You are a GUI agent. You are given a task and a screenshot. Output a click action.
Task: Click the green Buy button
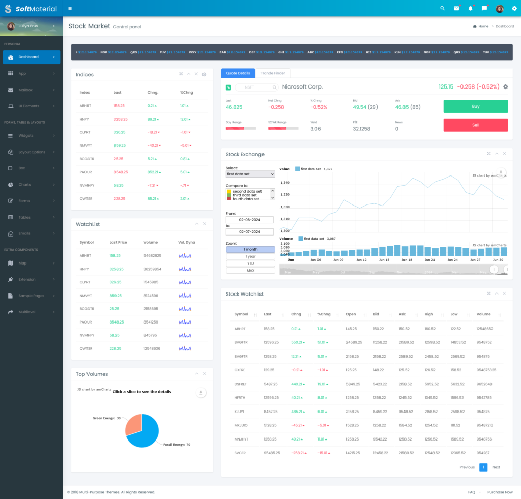tap(475, 106)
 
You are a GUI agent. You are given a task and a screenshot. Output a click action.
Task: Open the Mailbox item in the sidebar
tap(25, 90)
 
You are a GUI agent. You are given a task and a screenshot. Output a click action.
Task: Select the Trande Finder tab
tap(273, 73)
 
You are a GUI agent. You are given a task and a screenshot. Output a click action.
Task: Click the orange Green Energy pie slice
tap(134, 424)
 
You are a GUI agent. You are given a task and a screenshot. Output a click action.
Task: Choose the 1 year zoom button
tap(250, 256)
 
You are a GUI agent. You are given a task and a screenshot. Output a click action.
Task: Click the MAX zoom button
tap(250, 270)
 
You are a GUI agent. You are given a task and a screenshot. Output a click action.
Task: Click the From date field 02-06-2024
tap(249, 220)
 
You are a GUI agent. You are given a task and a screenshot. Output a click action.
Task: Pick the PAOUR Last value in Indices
tap(121, 172)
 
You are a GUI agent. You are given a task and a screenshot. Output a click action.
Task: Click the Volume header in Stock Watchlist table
tap(483, 314)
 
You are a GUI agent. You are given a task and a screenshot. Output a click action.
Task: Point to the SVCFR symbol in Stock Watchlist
tap(240, 453)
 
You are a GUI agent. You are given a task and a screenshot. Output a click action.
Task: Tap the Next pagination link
tap(496, 467)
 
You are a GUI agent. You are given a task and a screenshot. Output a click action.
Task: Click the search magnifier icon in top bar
tap(442, 8)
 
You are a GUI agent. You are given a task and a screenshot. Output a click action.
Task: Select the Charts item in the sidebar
tap(24, 185)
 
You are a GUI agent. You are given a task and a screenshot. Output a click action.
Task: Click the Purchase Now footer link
tap(500, 492)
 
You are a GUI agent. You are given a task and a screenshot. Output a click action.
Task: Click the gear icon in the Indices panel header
tap(204, 74)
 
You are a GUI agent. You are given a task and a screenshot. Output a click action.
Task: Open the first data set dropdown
tap(250, 174)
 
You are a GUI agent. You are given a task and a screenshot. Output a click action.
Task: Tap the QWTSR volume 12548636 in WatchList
tap(152, 348)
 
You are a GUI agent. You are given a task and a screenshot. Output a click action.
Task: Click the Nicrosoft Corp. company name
tap(302, 87)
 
